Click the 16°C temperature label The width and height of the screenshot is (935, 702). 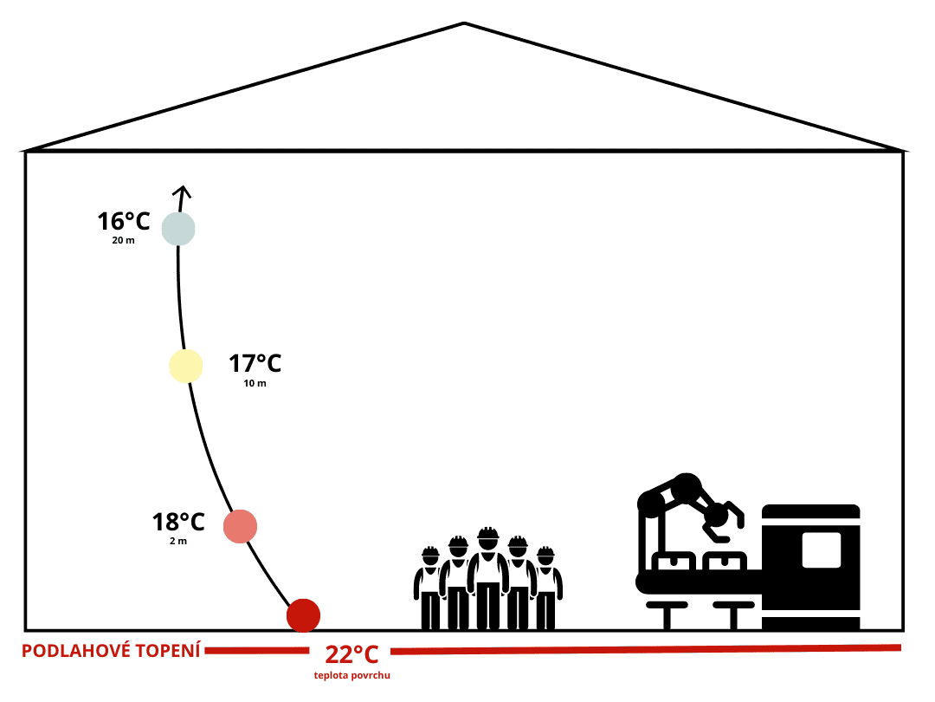(124, 222)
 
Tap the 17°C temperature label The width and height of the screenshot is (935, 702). (255, 364)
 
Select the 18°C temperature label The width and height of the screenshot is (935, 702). (178, 523)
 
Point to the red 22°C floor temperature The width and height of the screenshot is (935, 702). (351, 654)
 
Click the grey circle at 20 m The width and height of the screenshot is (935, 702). (178, 229)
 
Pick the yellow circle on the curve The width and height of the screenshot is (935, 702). (185, 366)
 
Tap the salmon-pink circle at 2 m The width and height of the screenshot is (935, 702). (240, 526)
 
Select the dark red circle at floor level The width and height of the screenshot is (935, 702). (303, 615)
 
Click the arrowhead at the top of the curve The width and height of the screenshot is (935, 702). (180, 192)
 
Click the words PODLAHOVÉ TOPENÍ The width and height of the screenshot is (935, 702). (111, 650)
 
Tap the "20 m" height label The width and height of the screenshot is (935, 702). (123, 240)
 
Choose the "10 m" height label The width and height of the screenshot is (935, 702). (255, 383)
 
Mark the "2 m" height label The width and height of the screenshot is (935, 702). (177, 541)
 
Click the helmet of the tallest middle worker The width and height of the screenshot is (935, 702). (488, 535)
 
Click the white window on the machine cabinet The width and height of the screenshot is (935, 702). (821, 549)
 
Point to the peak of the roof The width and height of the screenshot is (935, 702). (465, 23)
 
